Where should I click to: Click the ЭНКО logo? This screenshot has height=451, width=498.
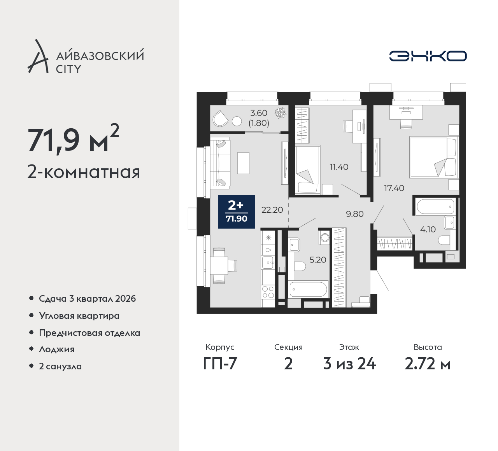(x=428, y=56)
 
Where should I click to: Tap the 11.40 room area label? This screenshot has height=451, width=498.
(x=339, y=167)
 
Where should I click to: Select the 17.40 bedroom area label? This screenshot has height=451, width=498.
(x=394, y=188)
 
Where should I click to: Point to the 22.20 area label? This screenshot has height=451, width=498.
(x=272, y=210)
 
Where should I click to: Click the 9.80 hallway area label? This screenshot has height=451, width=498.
(x=355, y=214)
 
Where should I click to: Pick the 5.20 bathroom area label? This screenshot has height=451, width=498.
(x=317, y=260)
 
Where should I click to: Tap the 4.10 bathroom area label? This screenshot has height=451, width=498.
(x=428, y=229)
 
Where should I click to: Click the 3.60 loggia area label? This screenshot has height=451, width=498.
(x=259, y=113)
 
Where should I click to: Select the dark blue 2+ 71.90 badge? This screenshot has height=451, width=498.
(x=237, y=212)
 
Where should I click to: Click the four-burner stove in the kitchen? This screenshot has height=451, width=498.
(x=268, y=292)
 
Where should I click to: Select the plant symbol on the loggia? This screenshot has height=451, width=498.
(x=280, y=113)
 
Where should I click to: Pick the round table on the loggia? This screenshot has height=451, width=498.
(x=237, y=122)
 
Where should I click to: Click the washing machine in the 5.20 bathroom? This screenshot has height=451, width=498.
(x=324, y=238)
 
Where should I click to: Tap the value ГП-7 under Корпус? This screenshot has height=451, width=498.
(x=220, y=364)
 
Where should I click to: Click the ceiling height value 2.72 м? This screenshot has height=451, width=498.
(x=427, y=364)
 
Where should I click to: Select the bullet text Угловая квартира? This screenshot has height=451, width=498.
(x=79, y=316)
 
